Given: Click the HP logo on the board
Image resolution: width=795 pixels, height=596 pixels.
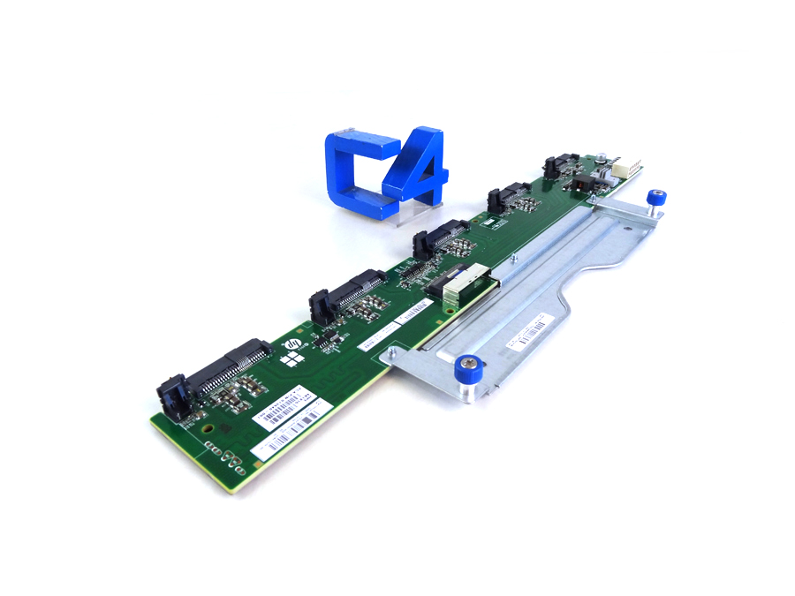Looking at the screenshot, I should click(x=291, y=343).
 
